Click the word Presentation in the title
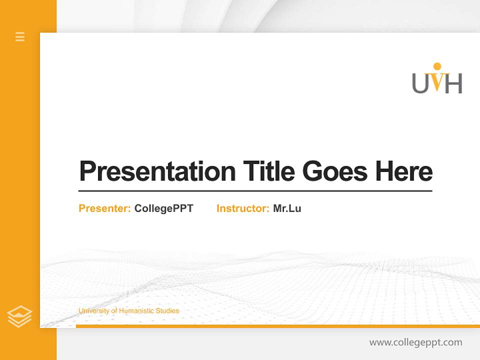click(x=157, y=171)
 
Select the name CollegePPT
click(x=163, y=208)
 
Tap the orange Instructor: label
click(x=243, y=208)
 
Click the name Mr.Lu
click(x=287, y=208)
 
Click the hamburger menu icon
click(x=20, y=36)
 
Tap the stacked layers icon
click(x=19, y=316)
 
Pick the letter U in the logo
click(x=420, y=83)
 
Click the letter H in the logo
click(x=453, y=83)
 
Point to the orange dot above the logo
click(x=437, y=66)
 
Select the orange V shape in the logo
click(x=437, y=83)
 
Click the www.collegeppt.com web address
click(x=415, y=342)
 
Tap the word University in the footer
click(x=93, y=311)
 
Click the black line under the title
click(x=255, y=191)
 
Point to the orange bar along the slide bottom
click(x=277, y=326)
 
